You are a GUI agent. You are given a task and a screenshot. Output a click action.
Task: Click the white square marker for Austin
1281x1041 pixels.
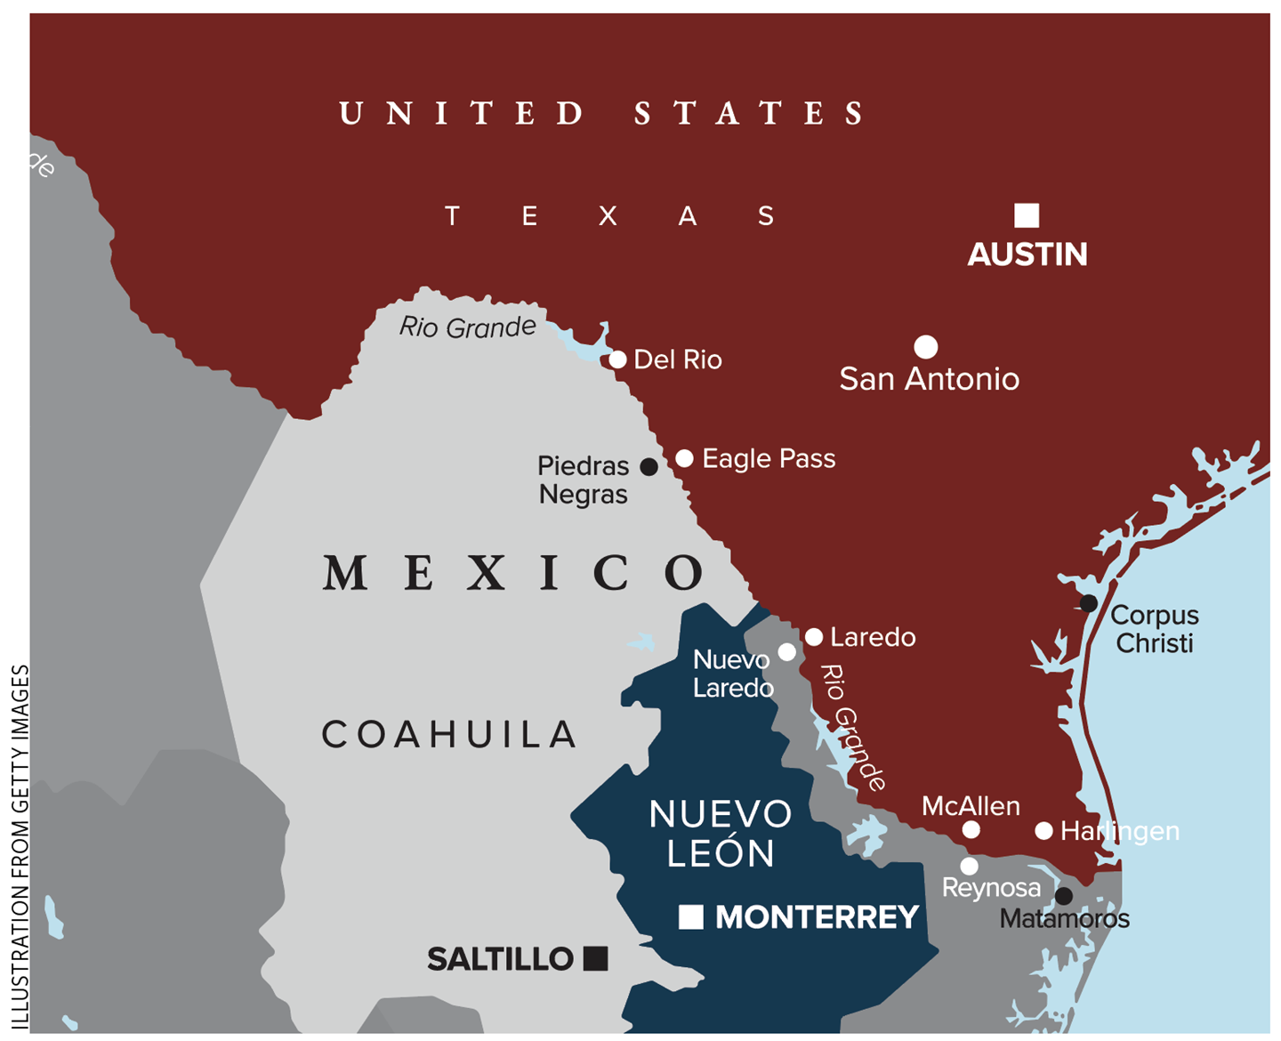1027,215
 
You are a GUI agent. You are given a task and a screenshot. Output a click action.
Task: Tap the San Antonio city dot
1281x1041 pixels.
926,346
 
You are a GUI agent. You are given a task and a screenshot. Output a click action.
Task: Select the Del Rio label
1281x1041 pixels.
677,359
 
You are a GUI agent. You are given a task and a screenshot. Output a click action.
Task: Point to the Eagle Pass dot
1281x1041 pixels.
684,458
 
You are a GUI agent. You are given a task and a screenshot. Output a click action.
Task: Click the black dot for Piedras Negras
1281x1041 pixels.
649,466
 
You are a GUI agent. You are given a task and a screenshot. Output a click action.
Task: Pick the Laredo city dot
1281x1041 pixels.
814,637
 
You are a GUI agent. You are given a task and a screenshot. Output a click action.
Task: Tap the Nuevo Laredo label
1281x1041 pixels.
732,674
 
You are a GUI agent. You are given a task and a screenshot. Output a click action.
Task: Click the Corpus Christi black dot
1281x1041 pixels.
1088,603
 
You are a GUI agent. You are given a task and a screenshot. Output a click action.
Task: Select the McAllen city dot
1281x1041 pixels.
971,829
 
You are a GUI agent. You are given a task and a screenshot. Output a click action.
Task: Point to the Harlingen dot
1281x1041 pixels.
1044,830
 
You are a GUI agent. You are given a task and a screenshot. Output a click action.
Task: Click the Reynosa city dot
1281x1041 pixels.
970,866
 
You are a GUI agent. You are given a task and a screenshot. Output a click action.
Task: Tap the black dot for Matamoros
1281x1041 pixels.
1063,895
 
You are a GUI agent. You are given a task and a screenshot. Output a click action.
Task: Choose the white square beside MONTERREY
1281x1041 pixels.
691,916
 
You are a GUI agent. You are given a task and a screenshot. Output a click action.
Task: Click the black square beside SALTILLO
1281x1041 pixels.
595,958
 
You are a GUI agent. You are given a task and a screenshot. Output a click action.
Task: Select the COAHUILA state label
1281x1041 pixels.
449,735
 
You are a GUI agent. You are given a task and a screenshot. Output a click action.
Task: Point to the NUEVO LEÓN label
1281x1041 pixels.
721,834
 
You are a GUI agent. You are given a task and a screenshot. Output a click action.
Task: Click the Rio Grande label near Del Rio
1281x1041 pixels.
467,327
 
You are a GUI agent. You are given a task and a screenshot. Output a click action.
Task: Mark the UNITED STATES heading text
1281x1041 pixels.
602,114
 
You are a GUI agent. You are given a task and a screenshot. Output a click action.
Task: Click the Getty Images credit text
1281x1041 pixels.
20,845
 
